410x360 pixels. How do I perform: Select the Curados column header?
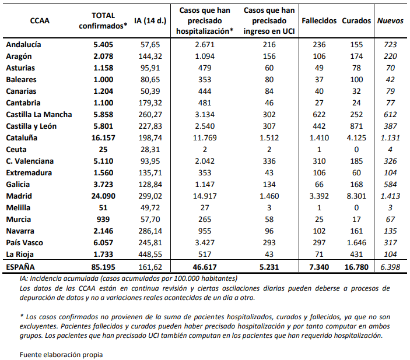click(x=357, y=20)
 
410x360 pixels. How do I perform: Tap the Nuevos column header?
click(x=390, y=20)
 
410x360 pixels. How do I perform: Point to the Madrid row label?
click(x=19, y=196)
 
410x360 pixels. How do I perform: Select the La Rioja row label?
click(x=21, y=254)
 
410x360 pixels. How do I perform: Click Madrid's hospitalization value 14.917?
click(x=207, y=196)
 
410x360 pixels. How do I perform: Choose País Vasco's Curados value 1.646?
click(x=357, y=242)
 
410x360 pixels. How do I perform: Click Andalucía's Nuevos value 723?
click(x=390, y=44)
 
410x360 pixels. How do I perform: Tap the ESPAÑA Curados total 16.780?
click(x=357, y=267)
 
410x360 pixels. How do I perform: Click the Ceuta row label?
click(x=16, y=149)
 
